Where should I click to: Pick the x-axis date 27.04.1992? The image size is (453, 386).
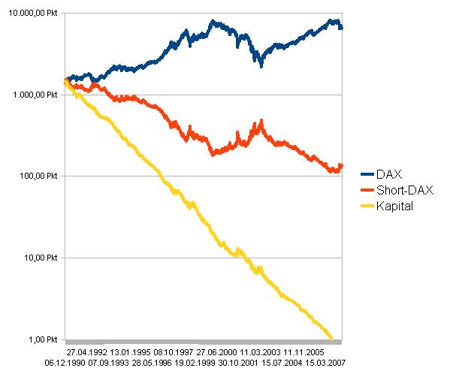coord(86,351)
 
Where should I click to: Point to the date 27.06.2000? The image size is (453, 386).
coord(217,351)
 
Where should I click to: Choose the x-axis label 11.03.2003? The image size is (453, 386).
coord(261,351)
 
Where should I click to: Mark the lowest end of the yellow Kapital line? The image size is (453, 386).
coord(331,337)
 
